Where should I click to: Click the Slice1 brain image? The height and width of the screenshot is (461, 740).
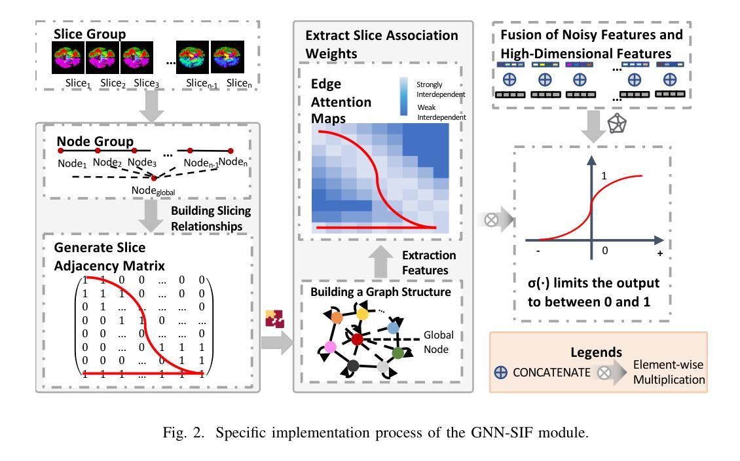[68, 57]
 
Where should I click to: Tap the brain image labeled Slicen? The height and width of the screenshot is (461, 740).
[227, 57]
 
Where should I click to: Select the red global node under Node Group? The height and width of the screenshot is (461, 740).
[154, 178]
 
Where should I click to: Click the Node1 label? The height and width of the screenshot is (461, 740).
[72, 164]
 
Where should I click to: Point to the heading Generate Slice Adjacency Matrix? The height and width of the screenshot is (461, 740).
[109, 257]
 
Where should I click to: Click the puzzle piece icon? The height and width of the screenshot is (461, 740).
[274, 319]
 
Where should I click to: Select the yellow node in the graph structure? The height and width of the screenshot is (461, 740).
[362, 314]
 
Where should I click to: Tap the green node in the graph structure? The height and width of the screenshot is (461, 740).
[398, 352]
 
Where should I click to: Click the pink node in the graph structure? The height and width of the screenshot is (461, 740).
[330, 347]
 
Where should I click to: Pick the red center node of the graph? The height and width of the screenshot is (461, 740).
[358, 339]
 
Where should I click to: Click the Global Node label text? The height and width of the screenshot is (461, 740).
[438, 342]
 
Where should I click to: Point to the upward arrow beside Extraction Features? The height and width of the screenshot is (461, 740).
[380, 262]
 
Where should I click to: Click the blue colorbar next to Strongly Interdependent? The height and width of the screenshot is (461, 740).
[404, 96]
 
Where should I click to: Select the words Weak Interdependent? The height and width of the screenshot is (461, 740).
[441, 112]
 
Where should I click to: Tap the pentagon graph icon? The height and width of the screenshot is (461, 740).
[617, 124]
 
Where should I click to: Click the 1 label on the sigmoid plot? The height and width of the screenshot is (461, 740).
[604, 176]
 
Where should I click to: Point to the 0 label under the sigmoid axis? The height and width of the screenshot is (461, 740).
[605, 251]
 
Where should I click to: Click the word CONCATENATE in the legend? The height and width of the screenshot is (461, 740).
[551, 373]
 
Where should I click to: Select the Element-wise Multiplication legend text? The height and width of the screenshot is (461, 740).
[669, 372]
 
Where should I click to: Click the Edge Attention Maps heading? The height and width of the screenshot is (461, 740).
[341, 101]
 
